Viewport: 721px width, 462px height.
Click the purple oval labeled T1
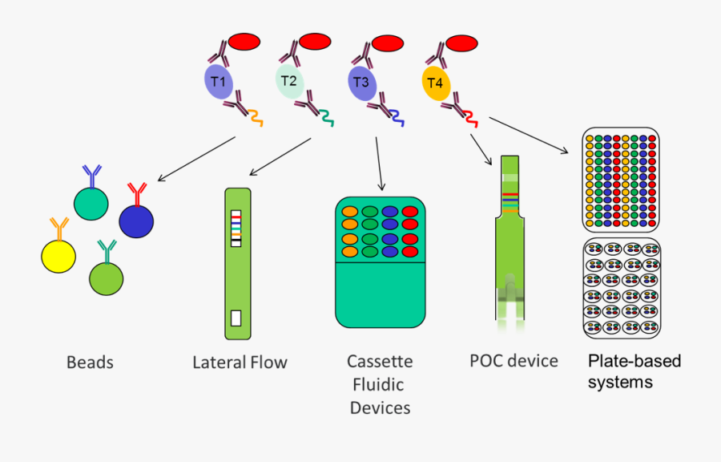pos(218,82)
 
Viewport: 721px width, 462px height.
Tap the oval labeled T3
pos(361,83)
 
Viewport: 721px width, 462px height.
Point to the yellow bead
pos(58,254)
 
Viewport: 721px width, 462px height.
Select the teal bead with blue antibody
pos(91,203)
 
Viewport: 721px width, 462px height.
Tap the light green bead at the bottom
pos(107,277)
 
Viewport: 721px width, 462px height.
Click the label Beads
pos(90,363)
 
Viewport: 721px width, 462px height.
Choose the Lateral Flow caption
pos(240,363)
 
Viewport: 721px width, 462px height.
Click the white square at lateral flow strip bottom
pos(236,317)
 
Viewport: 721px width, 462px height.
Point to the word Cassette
pos(380,362)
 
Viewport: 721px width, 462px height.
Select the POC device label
pos(514,361)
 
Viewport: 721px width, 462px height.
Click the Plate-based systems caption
pos(634,371)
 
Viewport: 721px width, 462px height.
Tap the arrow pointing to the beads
pos(196,158)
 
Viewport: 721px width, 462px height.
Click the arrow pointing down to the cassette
pos(378,164)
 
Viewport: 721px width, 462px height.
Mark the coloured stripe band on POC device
pos(510,200)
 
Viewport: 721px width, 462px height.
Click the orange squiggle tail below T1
pos(256,118)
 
